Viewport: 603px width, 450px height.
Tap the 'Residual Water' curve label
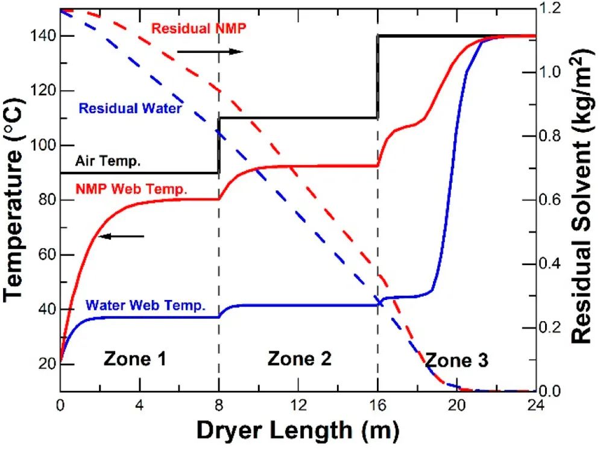pyautogui.click(x=130, y=109)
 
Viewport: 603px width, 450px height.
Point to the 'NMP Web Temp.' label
pyautogui.click(x=132, y=189)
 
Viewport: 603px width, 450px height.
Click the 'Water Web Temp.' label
pyautogui.click(x=147, y=305)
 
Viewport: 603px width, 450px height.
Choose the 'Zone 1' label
pyautogui.click(x=135, y=359)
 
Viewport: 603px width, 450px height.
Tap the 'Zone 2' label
pyautogui.click(x=300, y=359)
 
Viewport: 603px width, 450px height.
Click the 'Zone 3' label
pyautogui.click(x=456, y=361)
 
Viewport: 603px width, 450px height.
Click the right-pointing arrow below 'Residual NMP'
pyautogui.click(x=210, y=52)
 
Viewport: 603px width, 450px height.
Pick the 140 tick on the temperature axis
pyautogui.click(x=40, y=36)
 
